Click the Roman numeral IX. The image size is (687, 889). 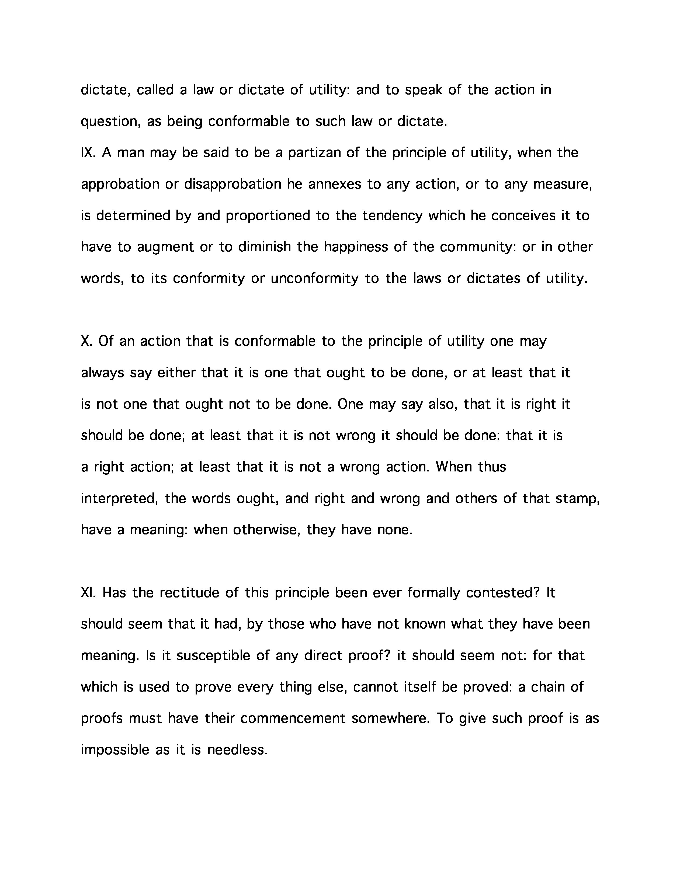click(x=88, y=153)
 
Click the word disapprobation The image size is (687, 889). click(x=233, y=184)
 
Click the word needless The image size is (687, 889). click(x=237, y=750)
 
